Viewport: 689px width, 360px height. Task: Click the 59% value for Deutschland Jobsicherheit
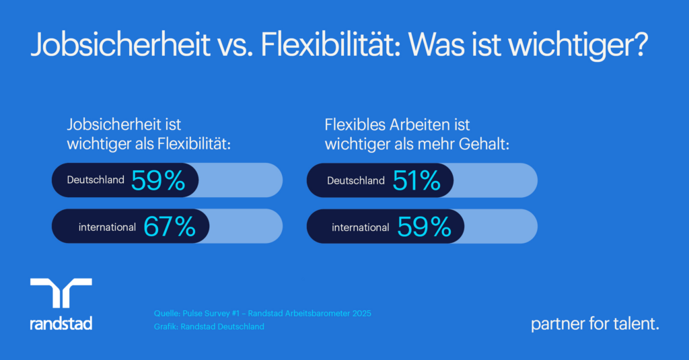coord(158,180)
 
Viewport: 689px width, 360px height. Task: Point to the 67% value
coord(169,227)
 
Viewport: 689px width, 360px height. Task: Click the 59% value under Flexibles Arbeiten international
coord(424,227)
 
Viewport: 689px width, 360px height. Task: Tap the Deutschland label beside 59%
coord(96,180)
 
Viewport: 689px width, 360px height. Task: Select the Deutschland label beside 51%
coord(356,180)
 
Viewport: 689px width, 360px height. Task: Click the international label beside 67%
coord(107,227)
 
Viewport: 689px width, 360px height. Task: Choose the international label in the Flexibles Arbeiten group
coord(360,227)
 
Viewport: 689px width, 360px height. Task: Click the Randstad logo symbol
coord(61,293)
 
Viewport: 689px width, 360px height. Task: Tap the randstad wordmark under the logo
coord(61,324)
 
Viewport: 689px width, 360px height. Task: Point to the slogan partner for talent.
coord(595,324)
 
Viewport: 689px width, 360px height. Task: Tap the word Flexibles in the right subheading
coord(354,124)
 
